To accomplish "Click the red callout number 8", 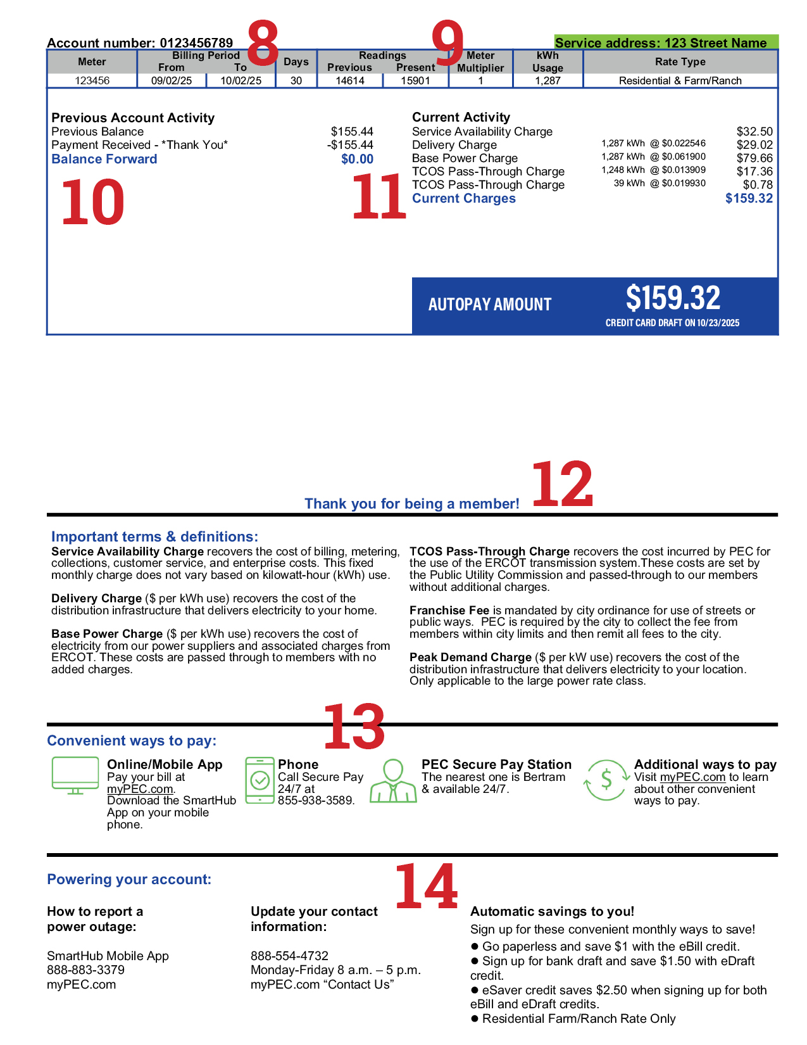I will [262, 42].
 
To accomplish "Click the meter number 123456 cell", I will [92, 80].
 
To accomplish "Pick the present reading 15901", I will [415, 80].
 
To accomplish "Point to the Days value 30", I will [296, 80].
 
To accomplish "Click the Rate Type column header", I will [680, 61].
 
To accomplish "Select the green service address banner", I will [666, 42].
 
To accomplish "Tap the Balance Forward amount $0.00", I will [357, 159].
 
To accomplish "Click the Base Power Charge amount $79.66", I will [754, 158].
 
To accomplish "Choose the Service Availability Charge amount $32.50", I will [754, 132].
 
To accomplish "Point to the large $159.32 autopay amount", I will [673, 298].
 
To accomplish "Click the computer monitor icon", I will [75, 775].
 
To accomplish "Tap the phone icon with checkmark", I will [260, 780].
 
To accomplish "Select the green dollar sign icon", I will [606, 780].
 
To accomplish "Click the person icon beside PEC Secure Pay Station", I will [393, 781].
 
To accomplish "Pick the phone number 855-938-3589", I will [316, 801].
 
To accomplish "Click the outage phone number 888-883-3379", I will [85, 970].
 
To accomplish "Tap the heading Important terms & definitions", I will [154, 536].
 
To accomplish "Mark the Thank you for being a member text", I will [411, 503].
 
